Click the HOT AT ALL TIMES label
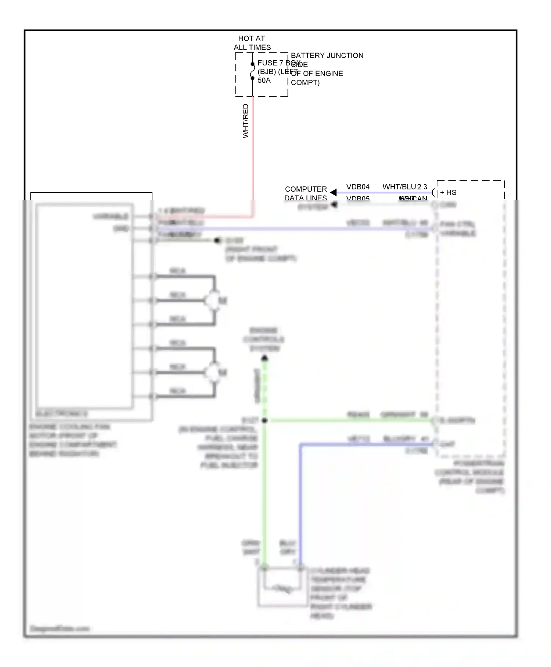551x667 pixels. (x=252, y=43)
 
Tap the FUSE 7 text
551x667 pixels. (x=270, y=63)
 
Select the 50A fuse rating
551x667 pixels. (x=264, y=81)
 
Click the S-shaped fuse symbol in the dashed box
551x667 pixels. (x=252, y=71)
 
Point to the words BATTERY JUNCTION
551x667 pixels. (x=327, y=56)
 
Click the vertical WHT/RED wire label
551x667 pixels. (x=246, y=121)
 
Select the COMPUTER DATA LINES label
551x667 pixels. (x=306, y=193)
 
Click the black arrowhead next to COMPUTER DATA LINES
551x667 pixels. (x=333, y=192)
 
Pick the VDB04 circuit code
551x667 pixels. (x=358, y=187)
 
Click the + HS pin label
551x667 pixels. (x=448, y=192)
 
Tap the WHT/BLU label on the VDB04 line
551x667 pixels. (x=399, y=187)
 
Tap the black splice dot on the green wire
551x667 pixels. (x=264, y=420)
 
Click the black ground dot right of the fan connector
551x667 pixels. (x=217, y=240)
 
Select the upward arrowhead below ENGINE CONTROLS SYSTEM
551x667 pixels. (x=264, y=358)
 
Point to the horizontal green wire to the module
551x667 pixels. (x=349, y=420)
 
